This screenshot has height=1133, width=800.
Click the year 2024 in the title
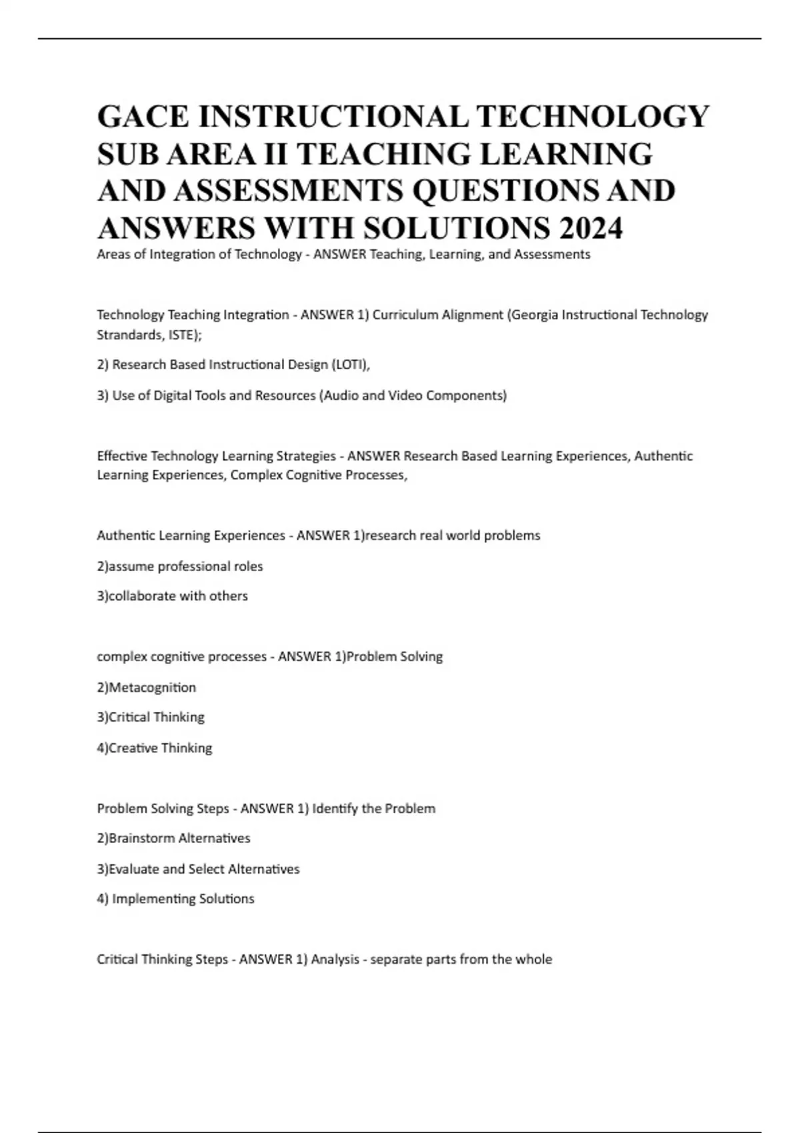click(591, 228)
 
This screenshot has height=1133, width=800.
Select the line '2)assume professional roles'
click(180, 566)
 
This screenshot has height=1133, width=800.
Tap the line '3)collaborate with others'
click(172, 596)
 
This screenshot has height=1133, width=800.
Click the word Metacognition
click(152, 687)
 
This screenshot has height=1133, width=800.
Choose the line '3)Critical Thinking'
click(151, 717)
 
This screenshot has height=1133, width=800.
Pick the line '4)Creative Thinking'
click(155, 748)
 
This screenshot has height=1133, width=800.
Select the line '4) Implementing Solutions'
click(175, 899)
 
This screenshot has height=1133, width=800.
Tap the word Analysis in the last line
click(335, 960)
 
